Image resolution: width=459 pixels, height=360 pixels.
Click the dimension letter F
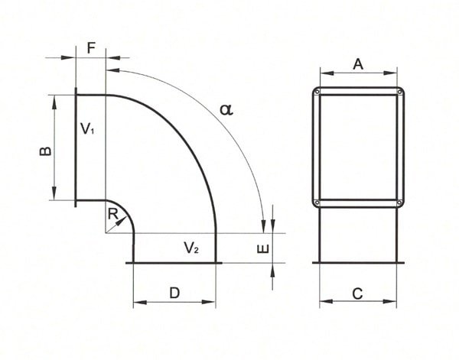[91, 47]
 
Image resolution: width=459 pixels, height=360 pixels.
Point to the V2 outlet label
[191, 247]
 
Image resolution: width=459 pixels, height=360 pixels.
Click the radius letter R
[113, 215]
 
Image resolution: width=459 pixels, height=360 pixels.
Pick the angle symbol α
[225, 109]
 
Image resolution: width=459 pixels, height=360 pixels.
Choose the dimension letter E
[262, 250]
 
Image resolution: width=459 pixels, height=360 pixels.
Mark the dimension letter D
[174, 293]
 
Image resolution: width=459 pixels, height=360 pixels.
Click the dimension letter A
[357, 65]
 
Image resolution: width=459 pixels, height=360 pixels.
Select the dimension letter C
[357, 293]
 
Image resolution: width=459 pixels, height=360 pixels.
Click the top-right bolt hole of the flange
[399, 92]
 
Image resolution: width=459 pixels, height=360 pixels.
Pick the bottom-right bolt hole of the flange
[399, 203]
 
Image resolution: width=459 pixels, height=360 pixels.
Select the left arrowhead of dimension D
[137, 303]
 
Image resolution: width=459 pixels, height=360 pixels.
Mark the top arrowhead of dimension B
[55, 100]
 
